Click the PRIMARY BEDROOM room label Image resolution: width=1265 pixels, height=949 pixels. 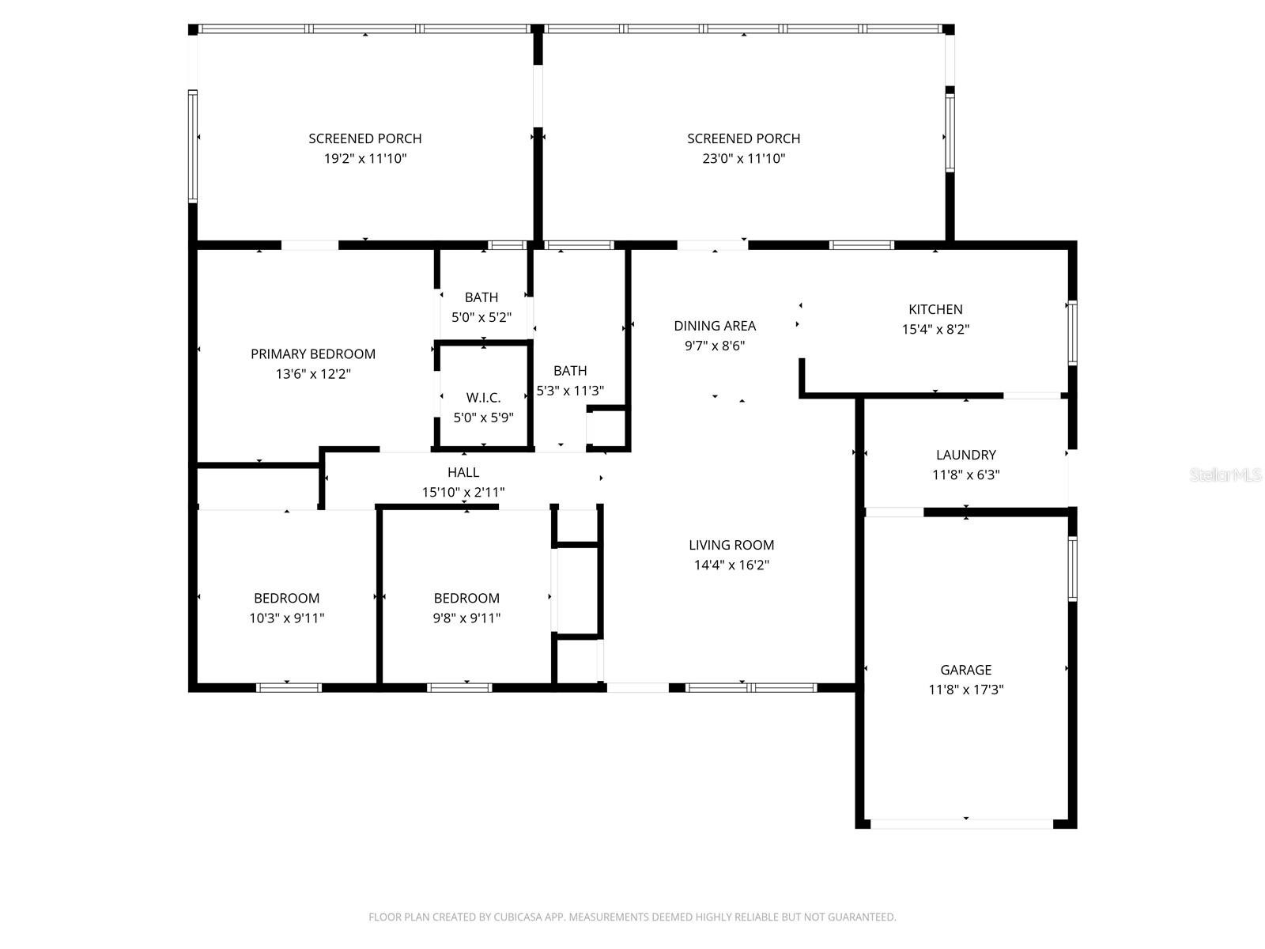[313, 354]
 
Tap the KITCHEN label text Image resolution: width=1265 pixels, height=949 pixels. [935, 309]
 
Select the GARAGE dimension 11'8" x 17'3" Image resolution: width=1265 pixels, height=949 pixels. [966, 689]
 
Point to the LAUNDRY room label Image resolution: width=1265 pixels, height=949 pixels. [966, 455]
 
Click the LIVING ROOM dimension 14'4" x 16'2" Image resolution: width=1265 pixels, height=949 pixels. [731, 565]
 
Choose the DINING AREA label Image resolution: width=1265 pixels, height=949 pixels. [715, 326]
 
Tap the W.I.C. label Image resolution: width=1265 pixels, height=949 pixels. [483, 398]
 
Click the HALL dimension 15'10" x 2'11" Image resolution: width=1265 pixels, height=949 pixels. [463, 492]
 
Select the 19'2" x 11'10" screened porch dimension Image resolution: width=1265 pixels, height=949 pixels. [365, 158]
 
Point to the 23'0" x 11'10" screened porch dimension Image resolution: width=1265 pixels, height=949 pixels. [743, 158]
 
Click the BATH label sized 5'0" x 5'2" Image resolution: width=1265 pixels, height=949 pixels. [481, 297]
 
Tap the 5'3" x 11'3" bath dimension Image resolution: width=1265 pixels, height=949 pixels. [570, 391]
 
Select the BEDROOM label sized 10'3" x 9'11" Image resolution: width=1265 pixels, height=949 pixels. [286, 598]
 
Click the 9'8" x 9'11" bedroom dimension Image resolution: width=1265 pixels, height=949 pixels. [466, 618]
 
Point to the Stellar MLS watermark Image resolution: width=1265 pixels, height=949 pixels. [1225, 475]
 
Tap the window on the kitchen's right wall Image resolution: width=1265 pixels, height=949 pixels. [1072, 332]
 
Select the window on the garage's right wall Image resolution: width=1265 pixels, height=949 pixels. [1072, 569]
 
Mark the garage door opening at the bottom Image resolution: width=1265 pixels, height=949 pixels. [961, 824]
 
